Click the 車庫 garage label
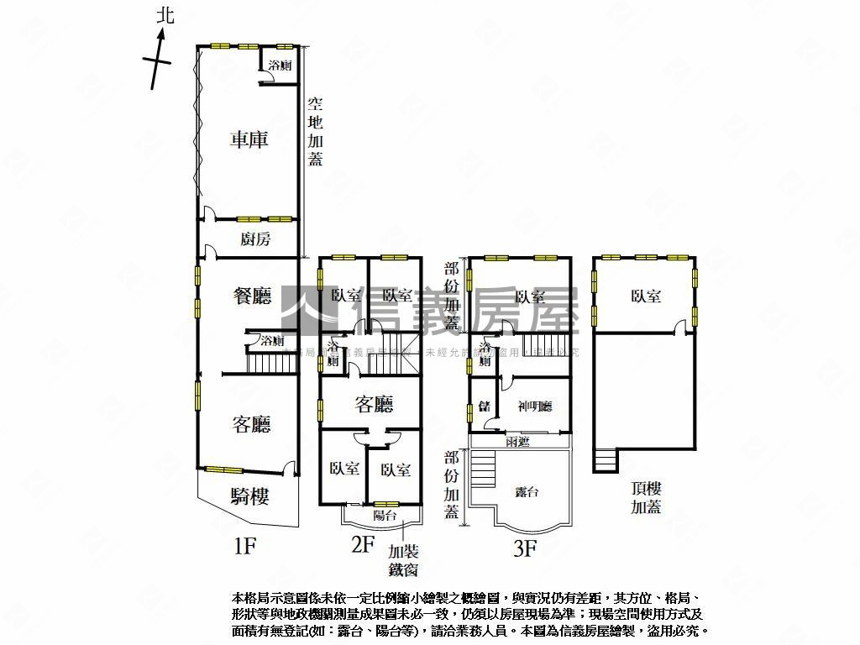point(249,139)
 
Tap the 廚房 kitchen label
point(255,239)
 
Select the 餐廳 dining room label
point(252,296)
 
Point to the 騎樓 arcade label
point(249,496)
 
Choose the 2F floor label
point(362,544)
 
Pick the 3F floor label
point(525,549)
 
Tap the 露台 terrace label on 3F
point(527,492)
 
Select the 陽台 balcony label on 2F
point(385,515)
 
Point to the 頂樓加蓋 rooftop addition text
point(647,497)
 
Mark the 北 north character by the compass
point(165,15)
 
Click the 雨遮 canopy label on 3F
point(517,442)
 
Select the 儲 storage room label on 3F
point(484,406)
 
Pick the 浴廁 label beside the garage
point(280,65)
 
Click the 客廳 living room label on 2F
point(374,405)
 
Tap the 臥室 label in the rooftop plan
point(646,296)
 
